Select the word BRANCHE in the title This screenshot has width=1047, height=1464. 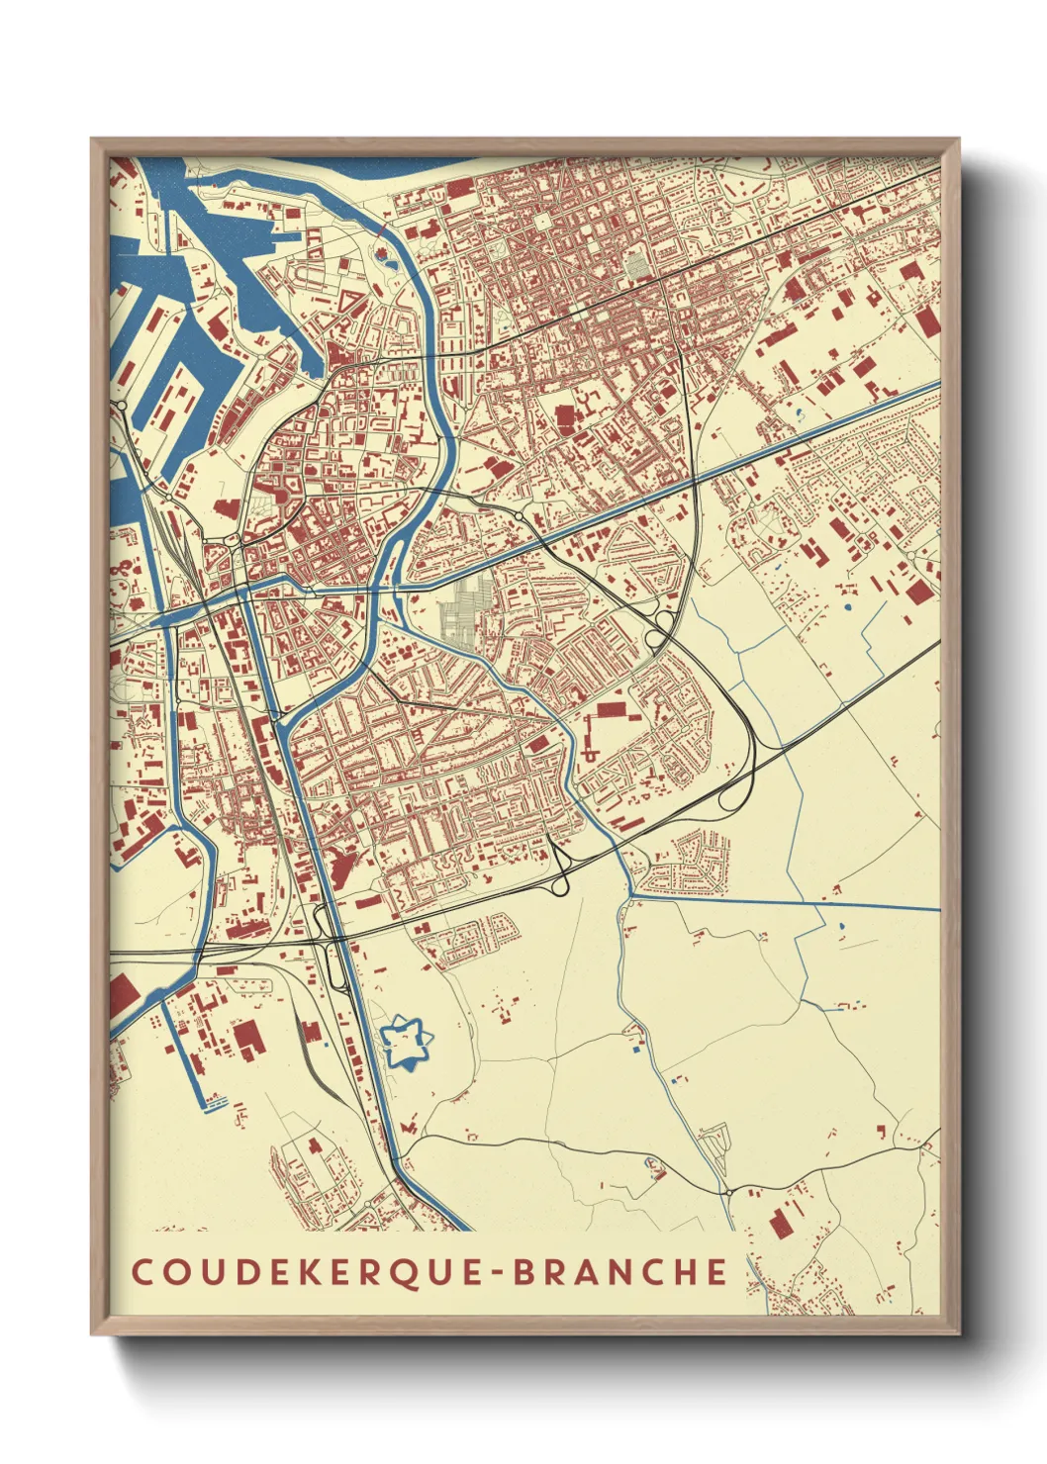pos(620,1272)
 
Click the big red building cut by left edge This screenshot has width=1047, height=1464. pos(122,993)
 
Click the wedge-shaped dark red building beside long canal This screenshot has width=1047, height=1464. pos(342,869)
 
